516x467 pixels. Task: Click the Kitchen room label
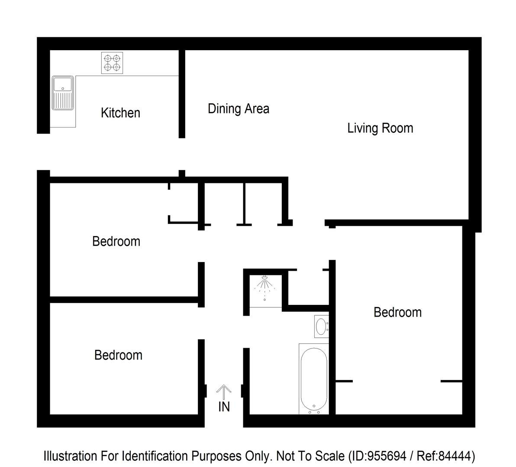point(120,113)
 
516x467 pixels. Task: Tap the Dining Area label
point(238,109)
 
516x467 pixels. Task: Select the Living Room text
point(380,128)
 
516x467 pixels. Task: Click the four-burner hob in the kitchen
point(112,63)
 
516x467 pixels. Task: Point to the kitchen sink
point(63,93)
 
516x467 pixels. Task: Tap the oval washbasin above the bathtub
point(321,326)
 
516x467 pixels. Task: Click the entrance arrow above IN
point(223,392)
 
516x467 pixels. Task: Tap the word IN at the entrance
point(224,407)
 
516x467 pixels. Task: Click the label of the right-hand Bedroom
point(397,312)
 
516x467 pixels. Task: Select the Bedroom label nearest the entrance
point(118,355)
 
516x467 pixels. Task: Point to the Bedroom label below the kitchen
point(116,241)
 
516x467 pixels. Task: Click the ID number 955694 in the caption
point(387,456)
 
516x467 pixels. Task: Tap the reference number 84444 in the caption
point(455,456)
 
